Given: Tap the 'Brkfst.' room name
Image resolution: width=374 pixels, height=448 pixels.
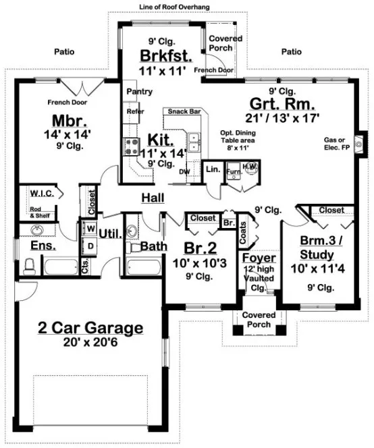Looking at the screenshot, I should (x=161, y=55).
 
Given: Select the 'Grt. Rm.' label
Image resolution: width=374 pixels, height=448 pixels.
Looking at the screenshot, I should (x=275, y=104).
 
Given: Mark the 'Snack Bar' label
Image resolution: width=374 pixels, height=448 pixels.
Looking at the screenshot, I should (x=184, y=112).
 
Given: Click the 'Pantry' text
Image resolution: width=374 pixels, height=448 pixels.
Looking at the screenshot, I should (x=139, y=91).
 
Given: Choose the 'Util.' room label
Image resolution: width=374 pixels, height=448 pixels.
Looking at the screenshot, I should (x=109, y=233).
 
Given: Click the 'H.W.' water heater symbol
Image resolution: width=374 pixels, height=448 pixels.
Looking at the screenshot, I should (x=250, y=167).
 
